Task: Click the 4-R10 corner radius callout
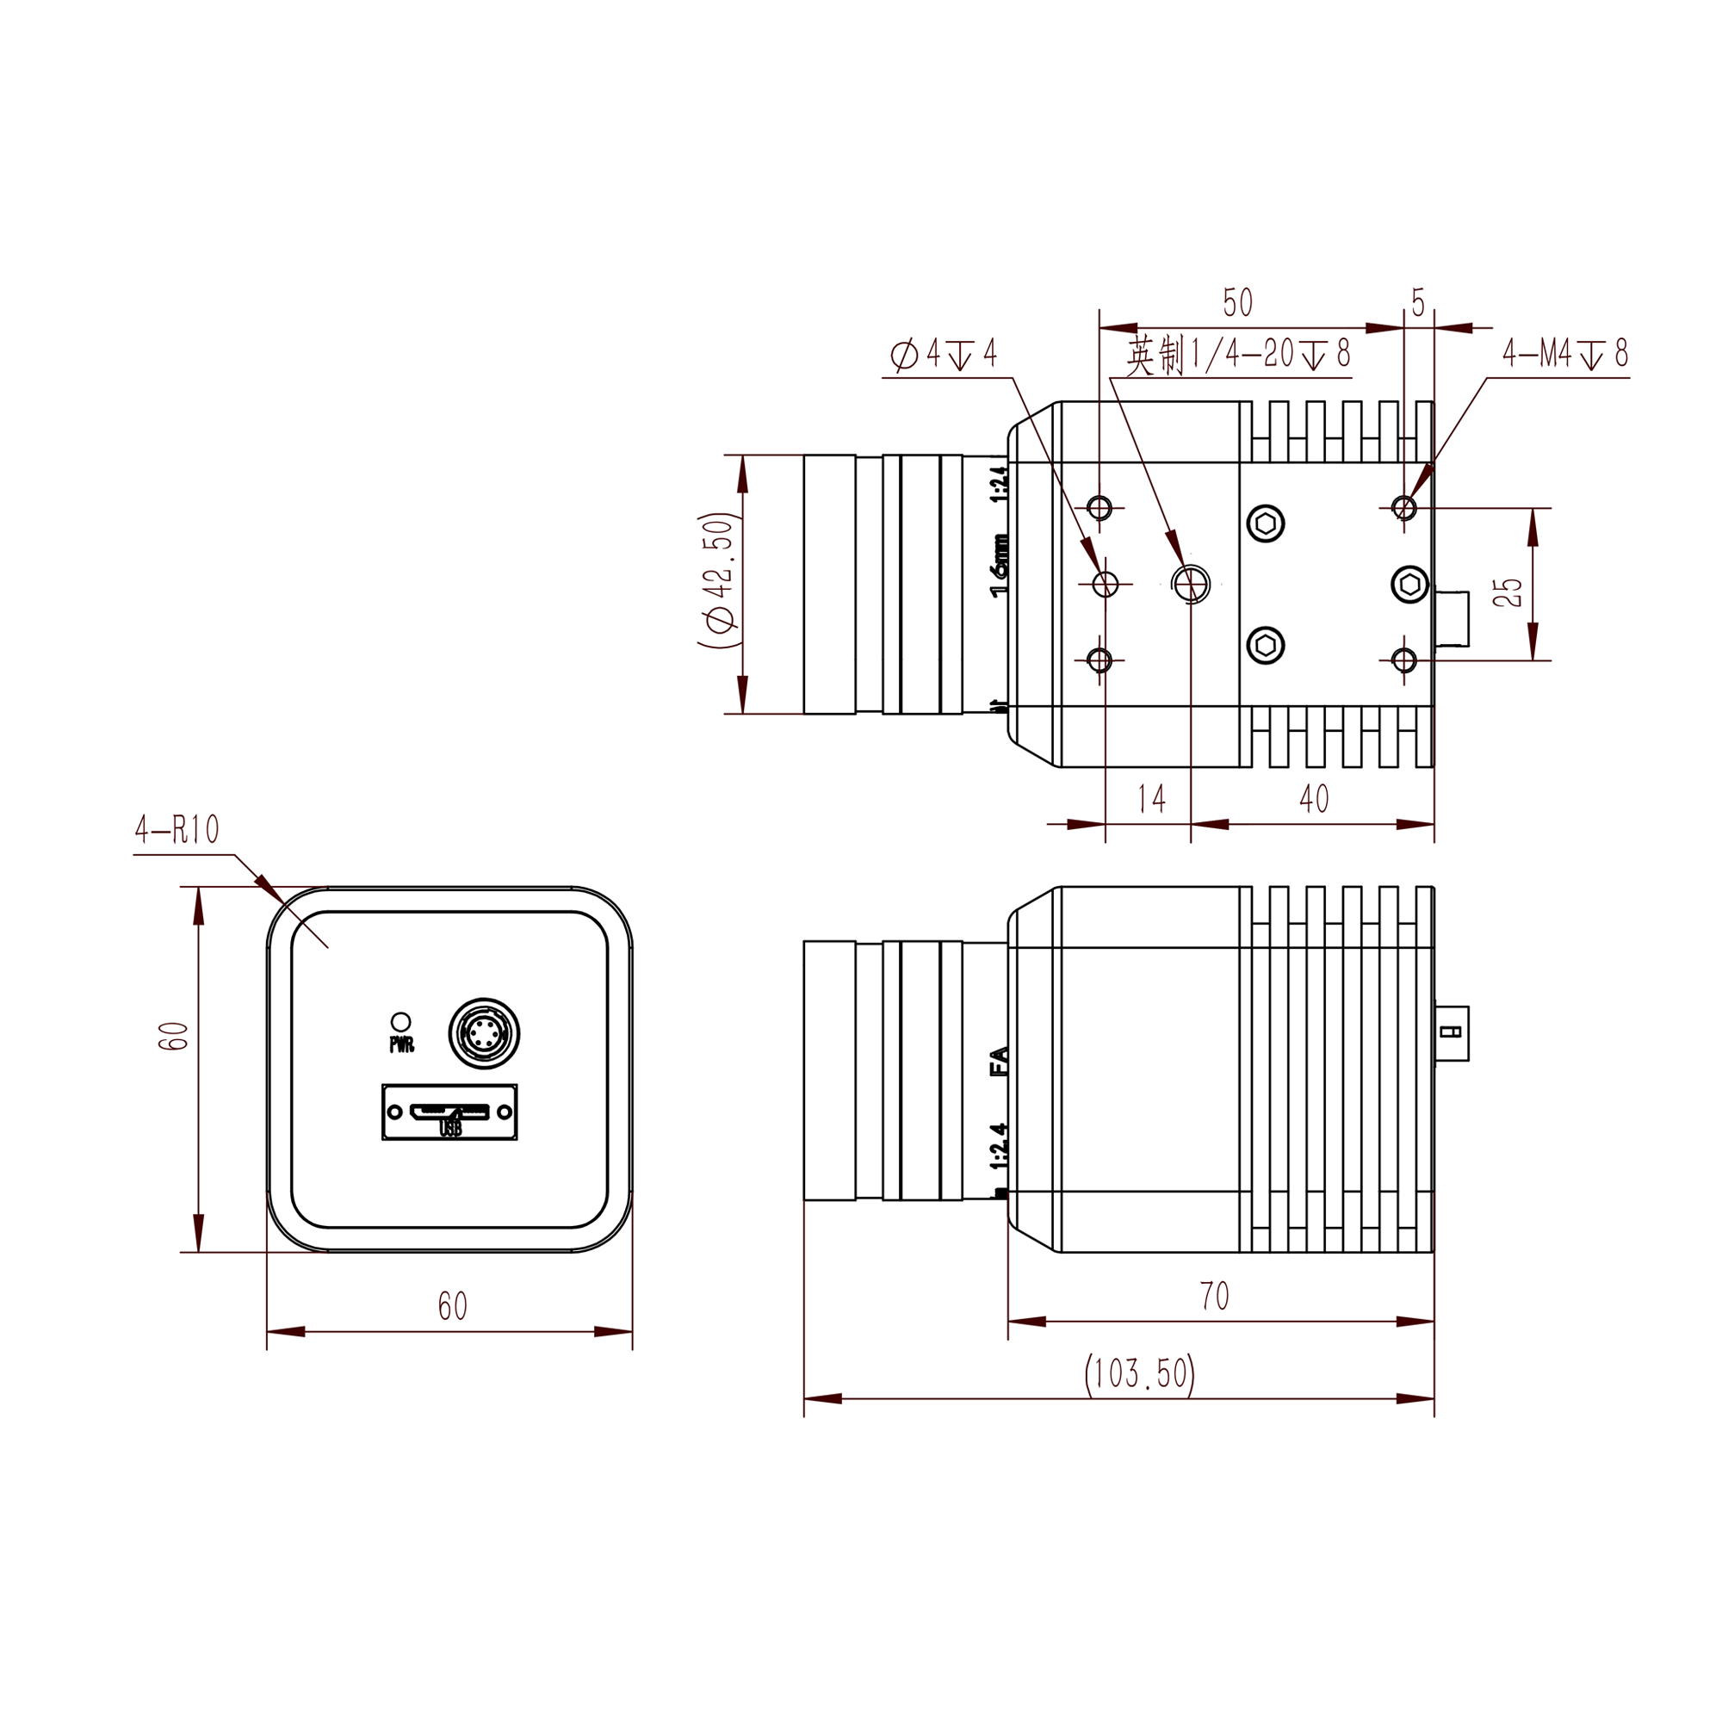[x=177, y=830]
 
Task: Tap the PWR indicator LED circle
[x=401, y=1021]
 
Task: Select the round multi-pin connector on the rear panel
[x=483, y=1034]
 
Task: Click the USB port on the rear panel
[x=450, y=1112]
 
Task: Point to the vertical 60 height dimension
[x=173, y=1036]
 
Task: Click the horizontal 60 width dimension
[x=452, y=1307]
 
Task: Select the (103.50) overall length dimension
[x=1140, y=1373]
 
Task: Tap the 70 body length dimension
[x=1214, y=1296]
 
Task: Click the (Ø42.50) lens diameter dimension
[x=718, y=580]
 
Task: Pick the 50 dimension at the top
[x=1237, y=303]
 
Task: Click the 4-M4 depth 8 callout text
[x=1565, y=354]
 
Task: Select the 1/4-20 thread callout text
[x=1239, y=355]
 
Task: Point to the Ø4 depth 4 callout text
[x=943, y=354]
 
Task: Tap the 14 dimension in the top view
[x=1151, y=799]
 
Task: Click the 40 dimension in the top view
[x=1314, y=799]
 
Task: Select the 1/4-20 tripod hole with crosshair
[x=1191, y=585]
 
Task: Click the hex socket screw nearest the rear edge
[x=1409, y=585]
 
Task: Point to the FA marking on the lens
[x=1000, y=1062]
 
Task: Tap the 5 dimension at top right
[x=1418, y=303]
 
